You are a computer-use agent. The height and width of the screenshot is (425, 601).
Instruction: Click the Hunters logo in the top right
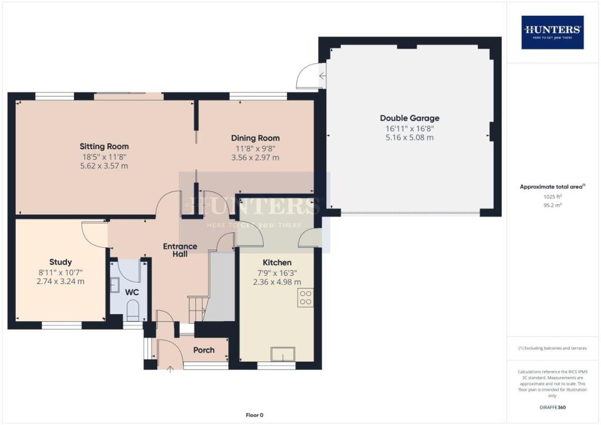[x=552, y=32]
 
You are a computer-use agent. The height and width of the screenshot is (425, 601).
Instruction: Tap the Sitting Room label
[x=104, y=147]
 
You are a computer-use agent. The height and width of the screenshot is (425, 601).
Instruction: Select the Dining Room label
[x=255, y=138]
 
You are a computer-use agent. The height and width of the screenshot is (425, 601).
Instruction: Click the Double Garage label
[x=409, y=118]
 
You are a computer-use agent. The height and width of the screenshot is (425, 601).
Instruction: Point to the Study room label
[x=60, y=262]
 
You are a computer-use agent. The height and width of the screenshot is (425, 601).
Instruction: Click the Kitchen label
[x=276, y=262]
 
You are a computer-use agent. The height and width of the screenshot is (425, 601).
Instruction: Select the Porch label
[x=204, y=350]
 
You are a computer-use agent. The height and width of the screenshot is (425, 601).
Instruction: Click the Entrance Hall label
[x=180, y=251]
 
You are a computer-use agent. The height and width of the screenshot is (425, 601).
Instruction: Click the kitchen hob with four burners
[x=305, y=298]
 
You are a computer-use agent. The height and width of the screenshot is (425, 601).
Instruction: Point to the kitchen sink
[x=283, y=354]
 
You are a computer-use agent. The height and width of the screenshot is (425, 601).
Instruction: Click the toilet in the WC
[x=133, y=311]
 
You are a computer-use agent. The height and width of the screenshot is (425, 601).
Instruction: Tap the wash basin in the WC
[x=115, y=285]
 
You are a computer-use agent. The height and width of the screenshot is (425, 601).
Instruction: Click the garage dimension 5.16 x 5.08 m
[x=409, y=137]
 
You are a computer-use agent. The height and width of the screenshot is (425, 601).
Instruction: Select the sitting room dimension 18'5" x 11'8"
[x=104, y=157]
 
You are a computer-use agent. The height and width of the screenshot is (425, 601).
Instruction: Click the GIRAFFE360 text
[x=553, y=407]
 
